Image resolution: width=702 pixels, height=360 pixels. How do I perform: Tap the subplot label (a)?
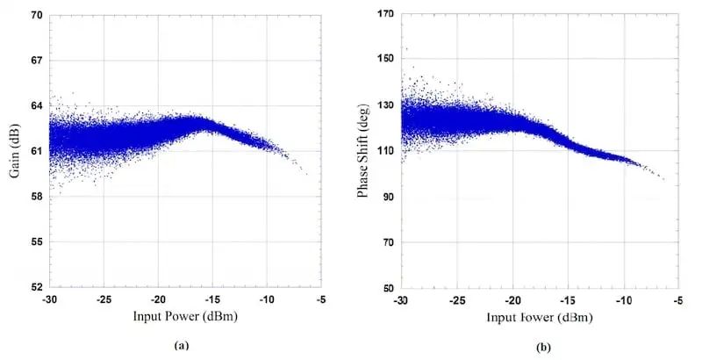[x=182, y=346]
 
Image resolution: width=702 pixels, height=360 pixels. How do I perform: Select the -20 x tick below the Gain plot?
[x=160, y=300]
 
